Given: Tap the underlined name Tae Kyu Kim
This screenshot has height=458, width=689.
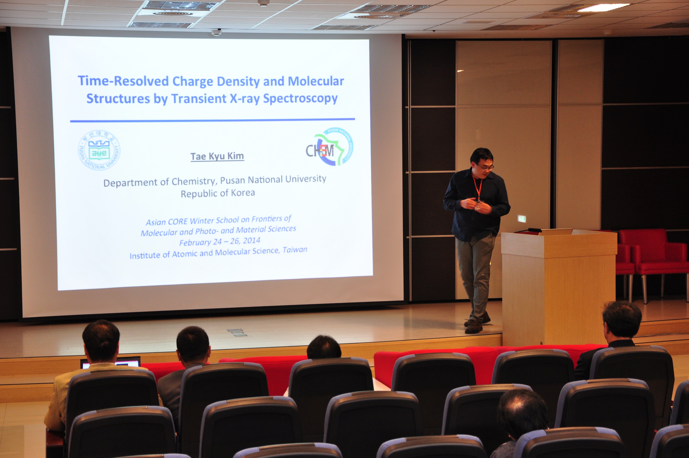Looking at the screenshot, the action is [217, 156].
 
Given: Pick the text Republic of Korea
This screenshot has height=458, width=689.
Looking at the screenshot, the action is [218, 193].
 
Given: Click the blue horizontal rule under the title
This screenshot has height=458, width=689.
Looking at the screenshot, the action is [213, 120].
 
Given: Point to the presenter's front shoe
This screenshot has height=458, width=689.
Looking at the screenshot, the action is [473, 327].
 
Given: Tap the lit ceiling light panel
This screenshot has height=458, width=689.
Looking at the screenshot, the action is [602, 7].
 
